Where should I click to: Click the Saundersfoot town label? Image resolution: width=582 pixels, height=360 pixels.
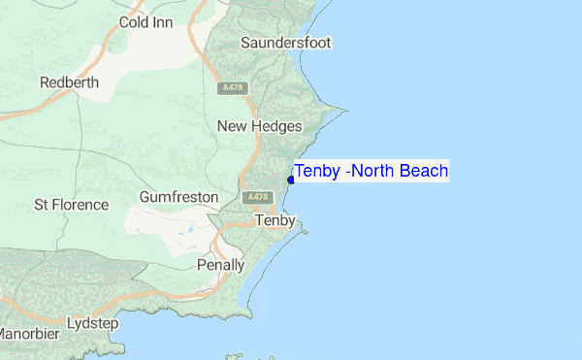point(286,43)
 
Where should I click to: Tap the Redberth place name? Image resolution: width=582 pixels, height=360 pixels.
point(69,82)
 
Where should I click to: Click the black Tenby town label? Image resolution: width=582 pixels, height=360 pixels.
point(275,221)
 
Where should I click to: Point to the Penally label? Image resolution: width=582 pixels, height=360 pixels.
point(220,264)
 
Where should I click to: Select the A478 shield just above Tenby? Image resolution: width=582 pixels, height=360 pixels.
point(257,197)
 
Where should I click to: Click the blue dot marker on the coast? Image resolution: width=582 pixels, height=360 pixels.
point(291,180)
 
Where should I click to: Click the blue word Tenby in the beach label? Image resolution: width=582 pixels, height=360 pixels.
point(316,172)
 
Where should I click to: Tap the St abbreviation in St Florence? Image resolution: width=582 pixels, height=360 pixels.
point(42,205)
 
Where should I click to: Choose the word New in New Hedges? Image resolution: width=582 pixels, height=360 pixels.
point(234,126)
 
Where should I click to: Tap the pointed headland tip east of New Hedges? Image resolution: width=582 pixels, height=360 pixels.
point(346,108)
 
